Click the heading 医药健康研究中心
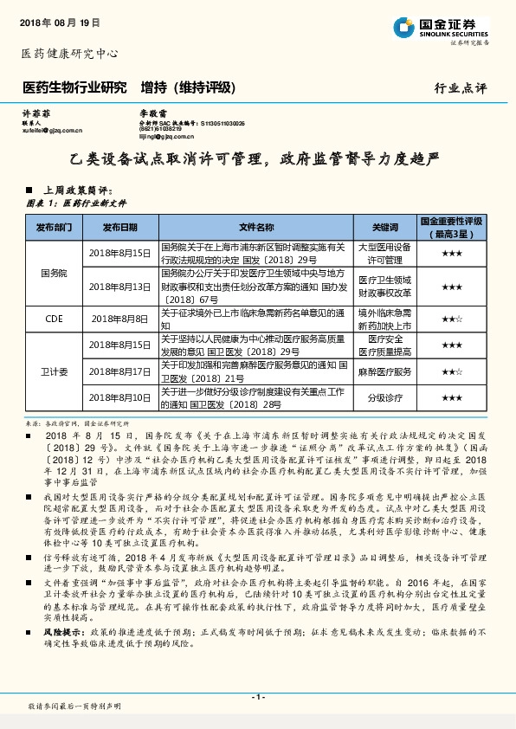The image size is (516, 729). [68, 54]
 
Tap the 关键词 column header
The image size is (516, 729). [384, 228]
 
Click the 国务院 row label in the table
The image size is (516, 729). [55, 272]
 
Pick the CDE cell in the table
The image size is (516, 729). [55, 318]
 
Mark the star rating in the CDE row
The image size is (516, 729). [451, 318]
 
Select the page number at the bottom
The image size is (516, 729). [257, 696]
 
